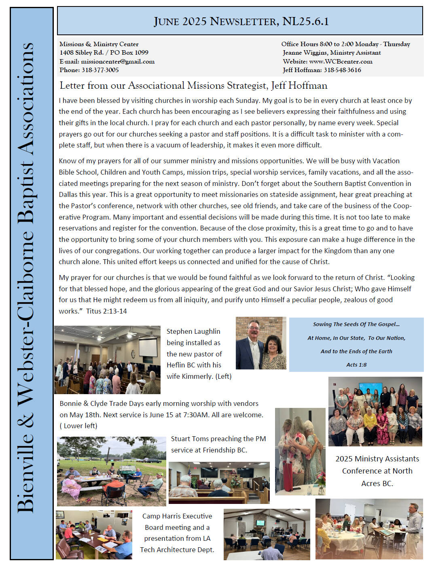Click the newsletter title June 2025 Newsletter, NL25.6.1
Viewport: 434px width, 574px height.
241,21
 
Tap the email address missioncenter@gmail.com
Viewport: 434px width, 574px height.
118,62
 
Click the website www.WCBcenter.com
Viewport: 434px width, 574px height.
341,62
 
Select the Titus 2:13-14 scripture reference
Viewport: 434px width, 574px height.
106,311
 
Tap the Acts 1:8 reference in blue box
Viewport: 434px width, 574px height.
356,365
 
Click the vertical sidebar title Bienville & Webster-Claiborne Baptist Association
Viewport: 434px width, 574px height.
26,278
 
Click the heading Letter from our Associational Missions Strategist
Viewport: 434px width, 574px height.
193,85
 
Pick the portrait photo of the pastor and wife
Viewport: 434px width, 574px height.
261,343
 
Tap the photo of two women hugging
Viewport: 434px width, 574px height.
300,451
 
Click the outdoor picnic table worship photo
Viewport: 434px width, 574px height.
111,471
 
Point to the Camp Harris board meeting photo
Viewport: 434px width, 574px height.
94,535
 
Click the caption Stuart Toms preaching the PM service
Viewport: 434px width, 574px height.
218,444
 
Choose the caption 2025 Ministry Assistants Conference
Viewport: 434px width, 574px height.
377,471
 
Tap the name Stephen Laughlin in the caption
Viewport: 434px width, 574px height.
193,331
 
